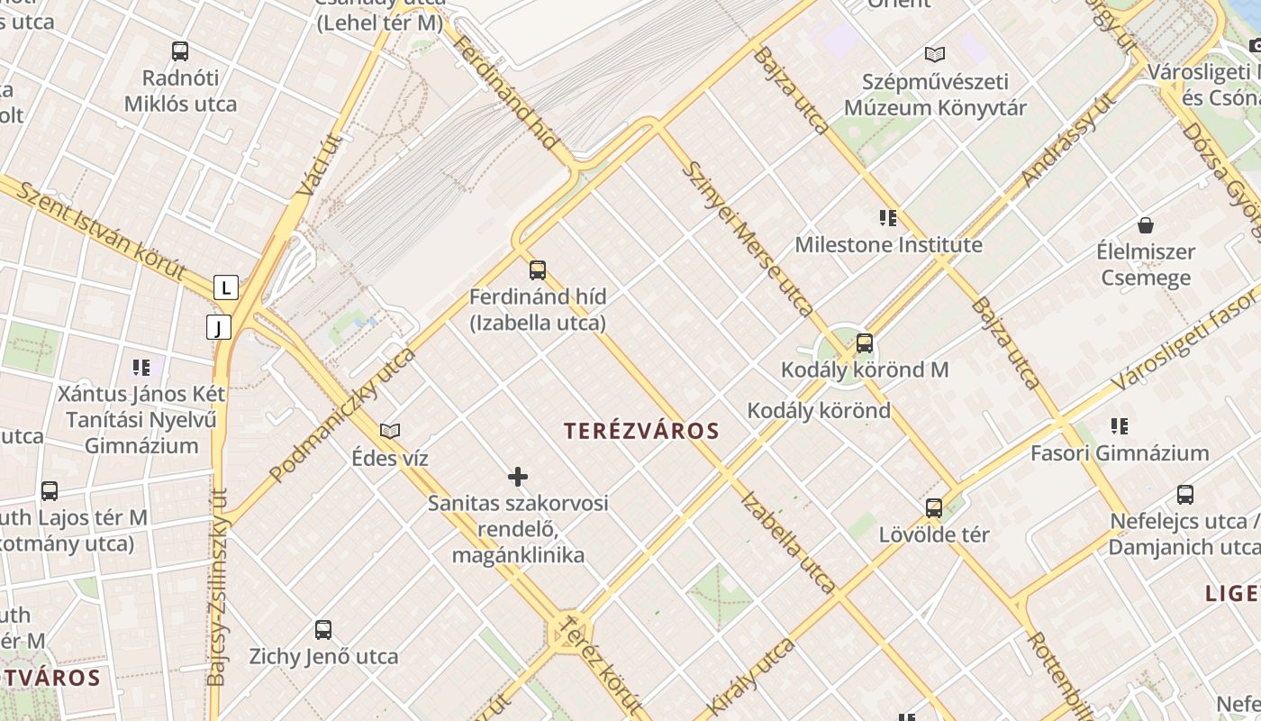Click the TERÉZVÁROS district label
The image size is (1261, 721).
pyautogui.click(x=641, y=431)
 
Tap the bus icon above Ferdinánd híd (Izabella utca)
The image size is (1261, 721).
pyautogui.click(x=538, y=269)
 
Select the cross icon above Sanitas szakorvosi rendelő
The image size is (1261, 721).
pyautogui.click(x=518, y=477)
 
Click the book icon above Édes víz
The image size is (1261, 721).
pyautogui.click(x=390, y=432)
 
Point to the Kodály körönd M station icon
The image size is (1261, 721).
pyautogui.click(x=865, y=343)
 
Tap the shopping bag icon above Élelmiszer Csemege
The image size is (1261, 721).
pyautogui.click(x=1146, y=224)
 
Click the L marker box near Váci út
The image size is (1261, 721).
pyautogui.click(x=226, y=287)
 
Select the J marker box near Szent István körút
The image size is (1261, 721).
pyautogui.click(x=219, y=327)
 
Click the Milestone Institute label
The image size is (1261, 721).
pyautogui.click(x=888, y=244)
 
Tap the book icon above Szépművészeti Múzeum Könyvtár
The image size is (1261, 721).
pyautogui.click(x=935, y=54)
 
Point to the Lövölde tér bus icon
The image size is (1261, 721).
pyautogui.click(x=934, y=507)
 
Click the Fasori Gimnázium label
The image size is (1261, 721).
pyautogui.click(x=1120, y=452)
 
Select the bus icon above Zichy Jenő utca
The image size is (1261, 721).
pyautogui.click(x=323, y=630)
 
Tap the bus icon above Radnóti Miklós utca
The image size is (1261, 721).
pyautogui.click(x=180, y=51)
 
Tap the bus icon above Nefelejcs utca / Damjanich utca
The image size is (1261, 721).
pyautogui.click(x=1185, y=495)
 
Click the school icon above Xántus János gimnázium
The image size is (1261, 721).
pyautogui.click(x=141, y=368)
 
